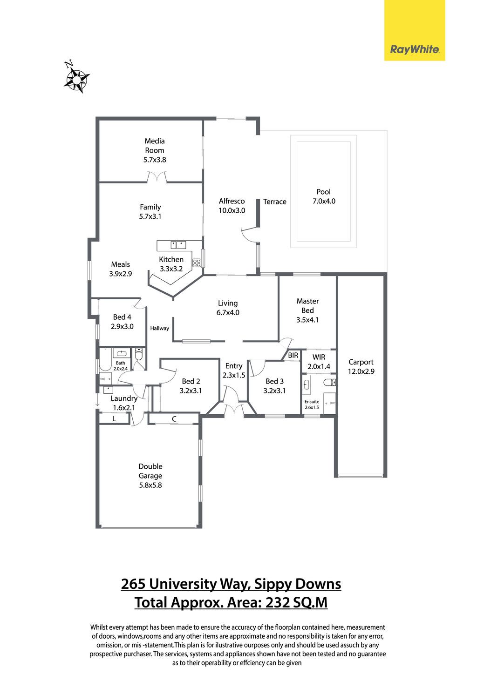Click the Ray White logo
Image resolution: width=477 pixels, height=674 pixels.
pyautogui.click(x=415, y=30)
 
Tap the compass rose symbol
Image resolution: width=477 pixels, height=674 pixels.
pyautogui.click(x=76, y=78)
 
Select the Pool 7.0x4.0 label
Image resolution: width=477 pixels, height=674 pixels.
pyautogui.click(x=324, y=196)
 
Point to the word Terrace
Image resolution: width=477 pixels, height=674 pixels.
pyautogui.click(x=275, y=202)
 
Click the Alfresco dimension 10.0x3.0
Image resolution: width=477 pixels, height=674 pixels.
pyautogui.click(x=232, y=210)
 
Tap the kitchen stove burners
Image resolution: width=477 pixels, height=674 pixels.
pyautogui.click(x=197, y=263)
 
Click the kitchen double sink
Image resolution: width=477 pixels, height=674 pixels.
pyautogui.click(x=178, y=245)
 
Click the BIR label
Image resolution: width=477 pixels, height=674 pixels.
pyautogui.click(x=293, y=355)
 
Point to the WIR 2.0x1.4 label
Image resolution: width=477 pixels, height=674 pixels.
pyautogui.click(x=319, y=362)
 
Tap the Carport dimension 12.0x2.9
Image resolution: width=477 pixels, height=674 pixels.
pyautogui.click(x=361, y=371)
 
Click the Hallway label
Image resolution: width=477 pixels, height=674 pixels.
pyautogui.click(x=159, y=328)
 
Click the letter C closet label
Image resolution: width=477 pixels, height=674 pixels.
pyautogui.click(x=174, y=419)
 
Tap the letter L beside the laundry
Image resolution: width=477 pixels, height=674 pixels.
pyautogui.click(x=114, y=418)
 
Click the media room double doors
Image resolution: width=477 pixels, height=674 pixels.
pyautogui.click(x=157, y=177)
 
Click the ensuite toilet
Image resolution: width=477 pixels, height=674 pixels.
pyautogui.click(x=329, y=383)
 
